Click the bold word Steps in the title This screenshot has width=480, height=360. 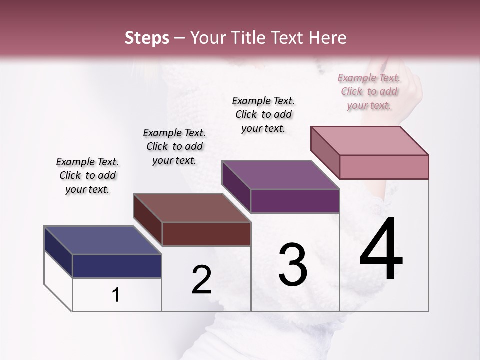pos(147,38)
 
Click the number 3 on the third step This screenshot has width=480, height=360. pos(293,264)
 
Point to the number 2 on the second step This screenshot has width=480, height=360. pos(201,280)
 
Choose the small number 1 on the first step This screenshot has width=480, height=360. pos(116,295)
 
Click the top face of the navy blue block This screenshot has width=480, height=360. pos(102,240)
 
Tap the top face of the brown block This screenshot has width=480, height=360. pos(192,208)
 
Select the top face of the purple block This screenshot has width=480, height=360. pos(280,175)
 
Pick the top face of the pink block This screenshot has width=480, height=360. pos(369,141)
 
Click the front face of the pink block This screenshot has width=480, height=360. pos(384,167)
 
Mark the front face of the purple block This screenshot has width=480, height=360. pos(295,201)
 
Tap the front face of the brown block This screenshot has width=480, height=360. pos(206,234)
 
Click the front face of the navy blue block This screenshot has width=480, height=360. pos(117,266)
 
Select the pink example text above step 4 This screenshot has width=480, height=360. pos(369,91)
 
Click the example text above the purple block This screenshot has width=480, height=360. pos(263,114)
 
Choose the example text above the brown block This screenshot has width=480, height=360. pos(174,146)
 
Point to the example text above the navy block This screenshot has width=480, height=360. pos(87,175)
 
